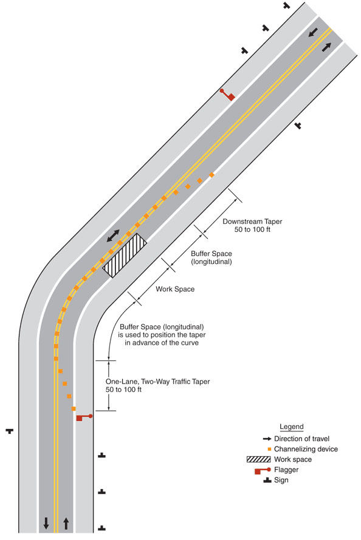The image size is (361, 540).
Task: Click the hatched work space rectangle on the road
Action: (125, 255)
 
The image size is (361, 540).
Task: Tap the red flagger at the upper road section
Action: (228, 95)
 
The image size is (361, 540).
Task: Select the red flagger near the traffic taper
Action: (84, 417)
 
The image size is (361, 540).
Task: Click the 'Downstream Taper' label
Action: (252, 221)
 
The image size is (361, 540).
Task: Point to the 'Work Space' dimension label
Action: (175, 289)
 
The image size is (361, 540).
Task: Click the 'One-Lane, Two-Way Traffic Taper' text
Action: (157, 382)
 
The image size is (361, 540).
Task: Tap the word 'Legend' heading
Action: (292, 427)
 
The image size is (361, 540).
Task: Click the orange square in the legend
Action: (269, 449)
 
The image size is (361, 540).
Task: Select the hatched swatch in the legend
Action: (259, 459)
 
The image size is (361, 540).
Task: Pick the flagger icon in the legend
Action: (263, 470)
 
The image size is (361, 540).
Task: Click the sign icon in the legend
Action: (267, 481)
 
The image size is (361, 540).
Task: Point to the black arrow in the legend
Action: (267, 439)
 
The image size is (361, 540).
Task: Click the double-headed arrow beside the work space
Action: (113, 236)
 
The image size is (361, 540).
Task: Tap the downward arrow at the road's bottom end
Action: (46, 523)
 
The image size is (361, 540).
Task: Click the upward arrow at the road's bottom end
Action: (66, 524)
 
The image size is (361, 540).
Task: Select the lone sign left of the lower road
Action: (10, 431)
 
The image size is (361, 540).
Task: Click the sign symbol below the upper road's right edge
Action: (298, 126)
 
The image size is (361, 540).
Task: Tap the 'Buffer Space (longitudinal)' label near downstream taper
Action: (211, 258)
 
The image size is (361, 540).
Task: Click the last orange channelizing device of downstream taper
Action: (211, 175)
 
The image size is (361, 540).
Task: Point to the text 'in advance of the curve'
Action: (162, 343)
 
